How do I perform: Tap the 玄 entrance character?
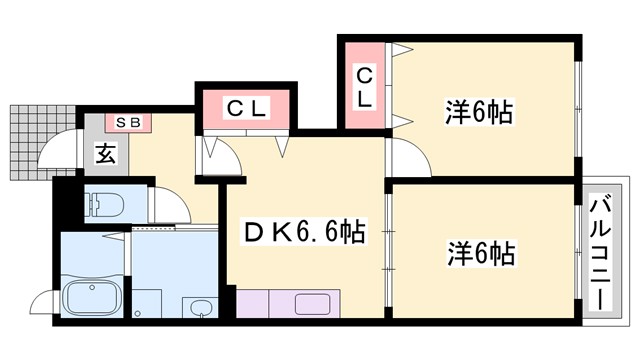(104, 154)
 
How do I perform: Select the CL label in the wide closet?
(245, 108)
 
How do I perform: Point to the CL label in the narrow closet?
(365, 85)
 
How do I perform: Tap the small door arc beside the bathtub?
(43, 302)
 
